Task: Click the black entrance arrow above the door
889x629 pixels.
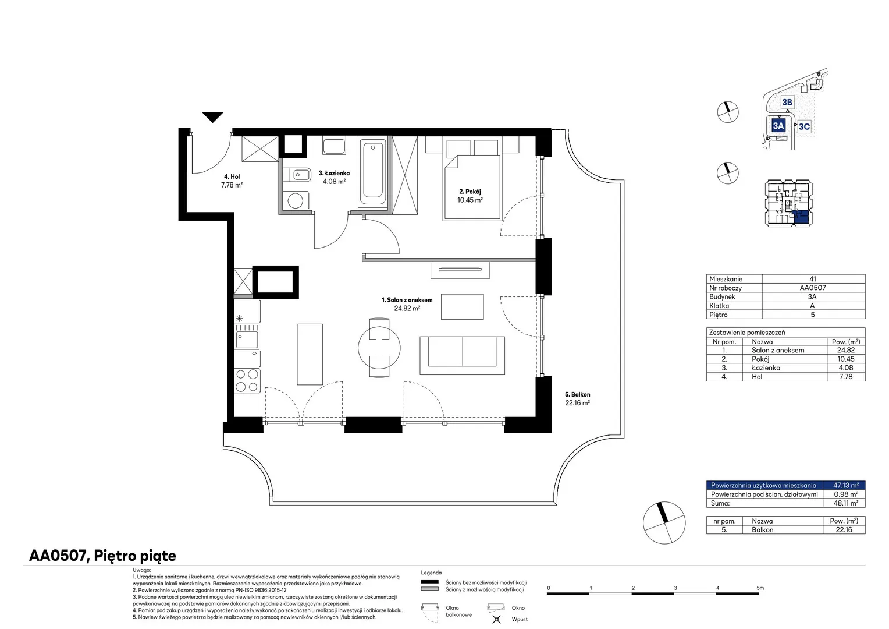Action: (x=212, y=117)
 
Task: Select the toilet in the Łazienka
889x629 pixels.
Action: (x=298, y=174)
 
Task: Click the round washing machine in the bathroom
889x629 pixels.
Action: (x=296, y=201)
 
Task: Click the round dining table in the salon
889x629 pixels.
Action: (x=379, y=348)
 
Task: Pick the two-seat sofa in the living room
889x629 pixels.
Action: (x=463, y=356)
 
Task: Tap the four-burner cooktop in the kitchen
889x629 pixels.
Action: (x=247, y=381)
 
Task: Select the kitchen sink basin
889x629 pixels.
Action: (x=247, y=340)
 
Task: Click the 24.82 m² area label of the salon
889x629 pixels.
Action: (x=407, y=308)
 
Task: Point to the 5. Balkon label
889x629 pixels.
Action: (x=578, y=394)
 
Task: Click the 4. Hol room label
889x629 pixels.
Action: (x=232, y=176)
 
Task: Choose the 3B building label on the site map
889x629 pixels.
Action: (x=787, y=102)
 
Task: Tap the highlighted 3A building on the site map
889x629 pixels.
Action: (x=778, y=126)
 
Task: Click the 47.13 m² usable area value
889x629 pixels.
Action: (x=846, y=485)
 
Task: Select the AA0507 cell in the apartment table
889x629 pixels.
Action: (x=812, y=288)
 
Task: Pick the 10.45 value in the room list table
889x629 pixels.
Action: (x=846, y=359)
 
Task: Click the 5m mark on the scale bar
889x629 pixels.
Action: (x=760, y=588)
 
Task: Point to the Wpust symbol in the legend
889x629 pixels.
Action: (x=496, y=619)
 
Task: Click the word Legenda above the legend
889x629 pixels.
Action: (x=431, y=573)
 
